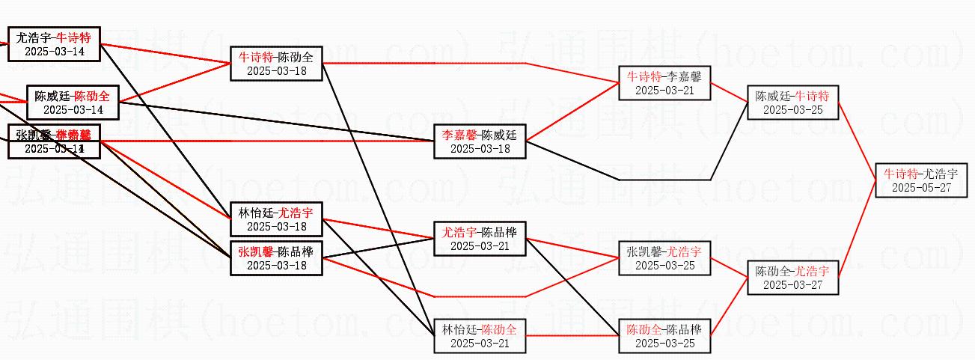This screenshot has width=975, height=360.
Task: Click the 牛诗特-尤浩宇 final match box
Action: point(921,180)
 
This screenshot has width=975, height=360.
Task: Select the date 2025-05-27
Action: point(921,188)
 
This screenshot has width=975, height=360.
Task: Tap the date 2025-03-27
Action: point(792,284)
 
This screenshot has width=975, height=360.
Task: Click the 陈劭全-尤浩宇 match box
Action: point(792,277)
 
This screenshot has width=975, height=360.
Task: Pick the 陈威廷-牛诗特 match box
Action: point(792,103)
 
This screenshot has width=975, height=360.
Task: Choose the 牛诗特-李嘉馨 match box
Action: point(664,83)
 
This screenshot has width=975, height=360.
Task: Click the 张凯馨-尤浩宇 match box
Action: point(664,258)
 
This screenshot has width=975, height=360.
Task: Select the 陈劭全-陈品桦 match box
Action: point(664,336)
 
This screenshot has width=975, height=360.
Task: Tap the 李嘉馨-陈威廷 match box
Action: point(480,141)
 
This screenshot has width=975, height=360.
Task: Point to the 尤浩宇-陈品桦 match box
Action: point(480,238)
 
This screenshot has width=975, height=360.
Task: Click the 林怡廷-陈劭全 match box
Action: point(480,336)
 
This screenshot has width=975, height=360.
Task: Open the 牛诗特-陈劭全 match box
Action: point(276,64)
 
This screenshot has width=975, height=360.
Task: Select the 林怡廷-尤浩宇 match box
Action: point(276,219)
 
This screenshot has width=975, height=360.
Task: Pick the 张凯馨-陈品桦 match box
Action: point(276,257)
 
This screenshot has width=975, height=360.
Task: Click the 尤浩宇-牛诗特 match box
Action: point(54,44)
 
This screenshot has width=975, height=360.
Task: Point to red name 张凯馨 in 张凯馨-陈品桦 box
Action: point(255,251)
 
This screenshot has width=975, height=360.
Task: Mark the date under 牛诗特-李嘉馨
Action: point(664,91)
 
